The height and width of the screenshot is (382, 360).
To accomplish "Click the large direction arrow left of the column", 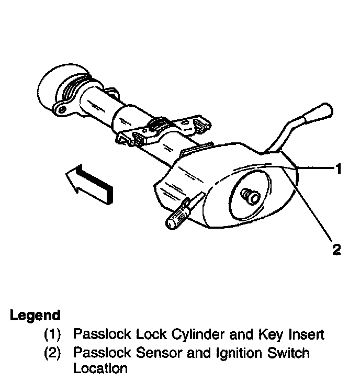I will tap(88, 184).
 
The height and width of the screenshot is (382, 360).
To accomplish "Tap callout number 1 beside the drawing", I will tap(339, 168).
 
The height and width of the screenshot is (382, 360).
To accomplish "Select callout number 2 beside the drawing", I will tap(336, 249).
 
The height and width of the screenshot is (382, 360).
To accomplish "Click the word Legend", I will tap(35, 316).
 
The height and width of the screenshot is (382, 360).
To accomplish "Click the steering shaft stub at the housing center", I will tap(250, 196).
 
